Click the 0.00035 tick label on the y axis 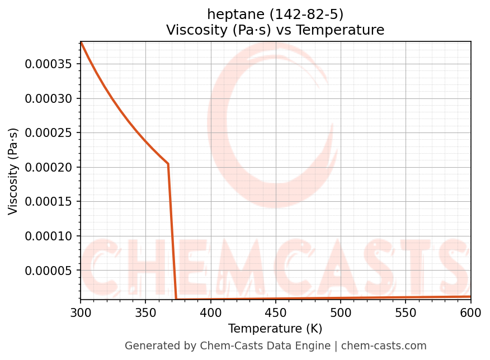(x=49, y=64)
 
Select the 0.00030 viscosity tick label (x=49, y=98)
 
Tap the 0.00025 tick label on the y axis (x=49, y=133)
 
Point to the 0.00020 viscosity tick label (x=49, y=167)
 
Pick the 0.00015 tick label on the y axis (x=49, y=202)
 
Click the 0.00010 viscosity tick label (x=49, y=236)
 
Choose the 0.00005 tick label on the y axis (x=49, y=271)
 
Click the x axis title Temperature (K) (x=275, y=329)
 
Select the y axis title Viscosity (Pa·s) (x=13, y=171)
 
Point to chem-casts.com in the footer (x=384, y=346)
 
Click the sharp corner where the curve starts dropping (x=168, y=164)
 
